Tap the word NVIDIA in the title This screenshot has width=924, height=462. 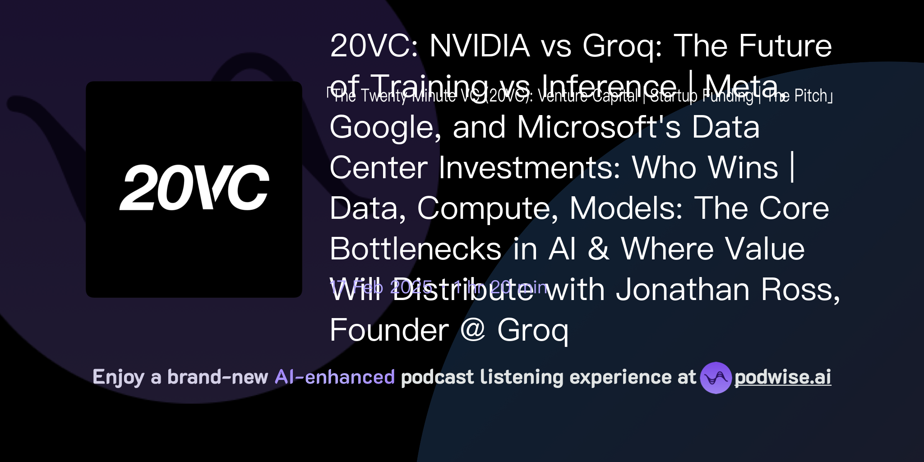click(x=480, y=46)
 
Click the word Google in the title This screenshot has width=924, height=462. click(x=385, y=127)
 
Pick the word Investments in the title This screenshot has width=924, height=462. click(x=529, y=168)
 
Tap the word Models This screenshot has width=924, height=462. click(x=626, y=208)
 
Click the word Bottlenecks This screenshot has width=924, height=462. click(x=415, y=249)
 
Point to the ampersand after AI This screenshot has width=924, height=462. click(x=598, y=249)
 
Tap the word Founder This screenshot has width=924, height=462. click(x=389, y=330)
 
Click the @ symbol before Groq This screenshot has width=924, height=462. click(x=473, y=330)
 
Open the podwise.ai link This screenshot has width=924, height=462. click(x=782, y=378)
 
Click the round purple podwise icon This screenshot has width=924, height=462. click(x=716, y=378)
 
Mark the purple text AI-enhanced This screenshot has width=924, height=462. click(x=335, y=377)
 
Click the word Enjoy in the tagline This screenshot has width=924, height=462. click(x=118, y=377)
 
